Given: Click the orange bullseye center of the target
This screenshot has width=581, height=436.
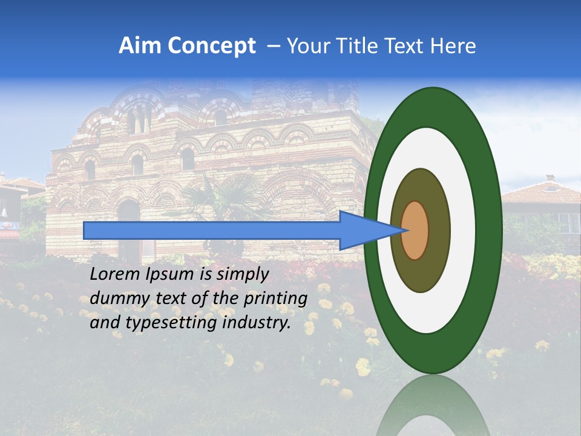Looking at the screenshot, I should (x=415, y=230).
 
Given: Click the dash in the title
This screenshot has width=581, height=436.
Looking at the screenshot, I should (x=274, y=46).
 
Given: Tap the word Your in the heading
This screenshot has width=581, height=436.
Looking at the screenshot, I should (x=306, y=46).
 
